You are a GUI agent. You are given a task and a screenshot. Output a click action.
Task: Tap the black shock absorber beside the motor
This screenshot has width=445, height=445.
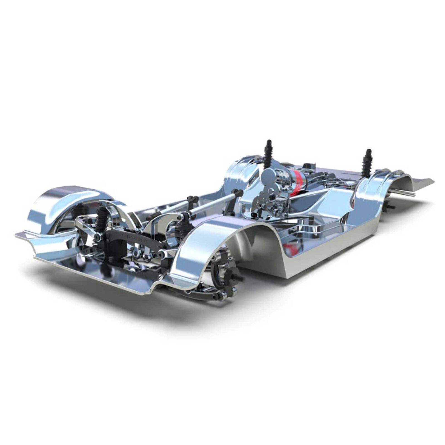tap(268, 152)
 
